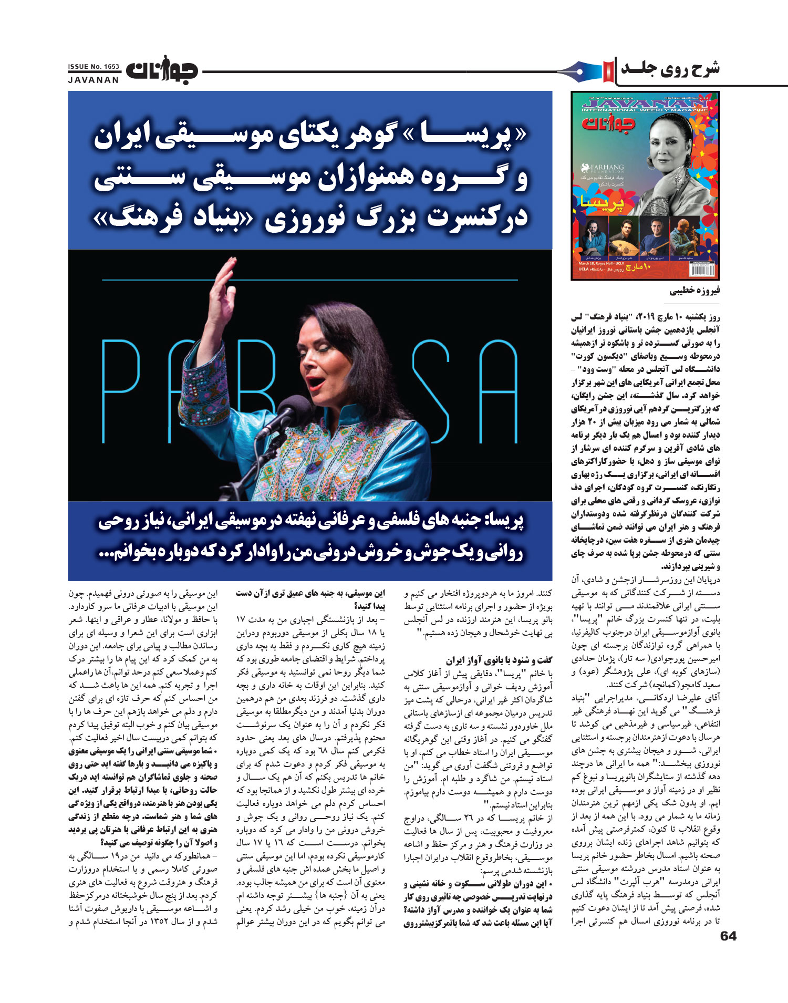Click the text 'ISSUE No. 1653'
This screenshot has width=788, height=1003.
[x=94, y=67]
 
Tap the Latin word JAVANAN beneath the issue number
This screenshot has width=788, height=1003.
[x=94, y=80]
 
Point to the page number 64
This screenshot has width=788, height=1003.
[x=728, y=936]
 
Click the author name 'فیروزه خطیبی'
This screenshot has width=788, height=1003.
[x=694, y=291]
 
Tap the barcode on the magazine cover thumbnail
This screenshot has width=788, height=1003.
[x=701, y=270]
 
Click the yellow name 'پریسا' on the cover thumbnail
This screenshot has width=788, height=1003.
[x=603, y=202]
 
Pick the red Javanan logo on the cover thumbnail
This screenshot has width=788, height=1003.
[x=608, y=123]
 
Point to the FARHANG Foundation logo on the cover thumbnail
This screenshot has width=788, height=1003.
[x=603, y=168]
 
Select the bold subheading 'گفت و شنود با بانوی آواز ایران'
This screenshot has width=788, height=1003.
[x=499, y=660]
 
